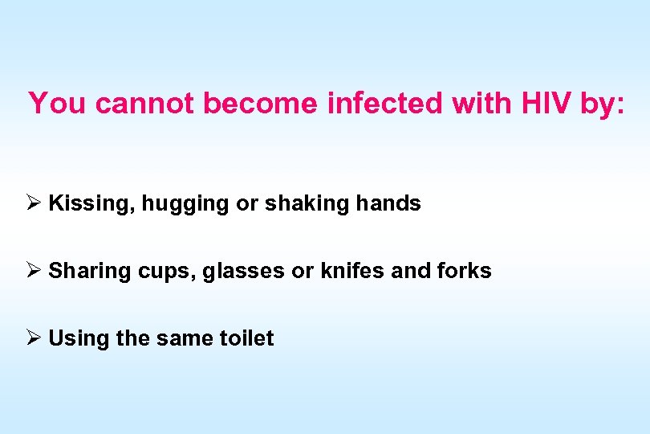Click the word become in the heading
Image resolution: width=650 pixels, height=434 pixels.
[x=260, y=104]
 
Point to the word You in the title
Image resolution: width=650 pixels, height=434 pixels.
[x=58, y=104]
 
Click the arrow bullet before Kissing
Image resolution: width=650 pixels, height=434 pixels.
[x=34, y=203]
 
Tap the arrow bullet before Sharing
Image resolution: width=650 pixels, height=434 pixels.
[x=34, y=271]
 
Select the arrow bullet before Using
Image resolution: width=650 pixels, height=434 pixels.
[x=34, y=338]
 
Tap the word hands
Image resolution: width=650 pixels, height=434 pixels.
[x=388, y=203]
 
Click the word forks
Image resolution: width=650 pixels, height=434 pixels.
[x=465, y=271]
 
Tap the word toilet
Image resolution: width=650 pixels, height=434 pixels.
[x=246, y=338]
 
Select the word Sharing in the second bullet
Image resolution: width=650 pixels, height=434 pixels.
[x=90, y=272]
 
